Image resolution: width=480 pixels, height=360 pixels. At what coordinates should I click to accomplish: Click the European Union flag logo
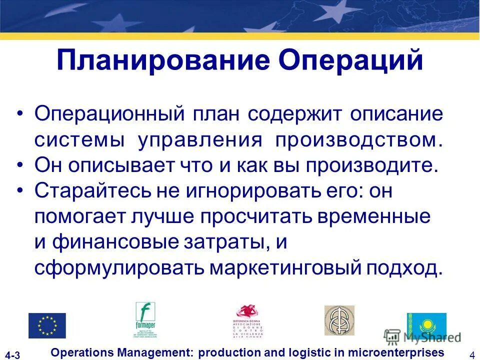coord(47,325)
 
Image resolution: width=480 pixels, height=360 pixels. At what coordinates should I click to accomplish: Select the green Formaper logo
coord(145,320)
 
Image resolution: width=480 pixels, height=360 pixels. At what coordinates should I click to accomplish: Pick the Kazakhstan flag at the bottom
coord(426,323)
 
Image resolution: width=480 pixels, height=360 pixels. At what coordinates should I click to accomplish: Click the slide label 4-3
coord(13,355)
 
